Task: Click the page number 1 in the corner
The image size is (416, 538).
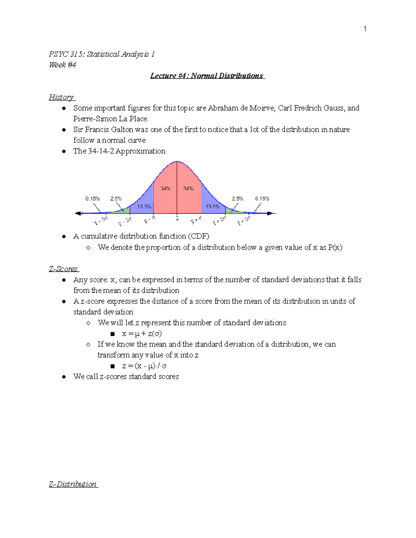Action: pyautogui.click(x=365, y=29)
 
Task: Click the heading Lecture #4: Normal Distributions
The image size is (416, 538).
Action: pyautogui.click(x=207, y=76)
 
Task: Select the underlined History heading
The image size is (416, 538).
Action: pyautogui.click(x=61, y=97)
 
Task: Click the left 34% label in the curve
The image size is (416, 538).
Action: pyautogui.click(x=165, y=188)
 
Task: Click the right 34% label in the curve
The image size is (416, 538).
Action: pyautogui.click(x=188, y=188)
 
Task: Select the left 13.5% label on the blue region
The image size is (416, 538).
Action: pyautogui.click(x=144, y=206)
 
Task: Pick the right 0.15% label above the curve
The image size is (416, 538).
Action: pyautogui.click(x=262, y=199)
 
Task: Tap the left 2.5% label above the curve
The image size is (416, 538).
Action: pyautogui.click(x=116, y=199)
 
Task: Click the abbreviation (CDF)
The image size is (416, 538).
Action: pyautogui.click(x=199, y=236)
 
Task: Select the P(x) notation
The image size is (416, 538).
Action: pyautogui.click(x=335, y=247)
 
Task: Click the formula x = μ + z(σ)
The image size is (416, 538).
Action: pyautogui.click(x=142, y=334)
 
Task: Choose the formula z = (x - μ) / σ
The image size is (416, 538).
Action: pyautogui.click(x=144, y=366)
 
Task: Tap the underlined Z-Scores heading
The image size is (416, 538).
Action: pyautogui.click(x=64, y=269)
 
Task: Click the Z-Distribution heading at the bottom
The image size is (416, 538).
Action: pyautogui.click(x=73, y=484)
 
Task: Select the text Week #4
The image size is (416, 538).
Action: pyautogui.click(x=62, y=65)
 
